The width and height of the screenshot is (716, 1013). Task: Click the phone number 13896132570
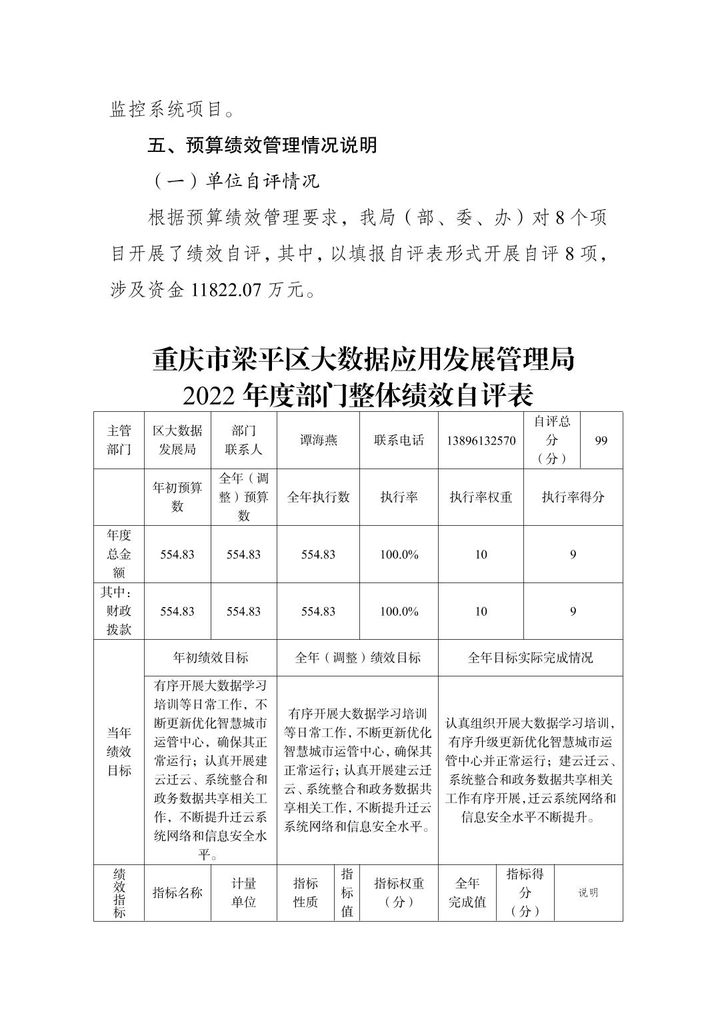click(481, 441)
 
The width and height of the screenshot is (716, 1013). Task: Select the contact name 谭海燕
click(318, 441)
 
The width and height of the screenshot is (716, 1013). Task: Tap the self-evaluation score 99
click(601, 441)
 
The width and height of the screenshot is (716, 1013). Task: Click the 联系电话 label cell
click(399, 441)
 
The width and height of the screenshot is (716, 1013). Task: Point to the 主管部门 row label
click(119, 441)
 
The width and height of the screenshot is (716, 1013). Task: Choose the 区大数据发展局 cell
click(177, 441)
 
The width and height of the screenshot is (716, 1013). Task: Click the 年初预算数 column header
click(177, 497)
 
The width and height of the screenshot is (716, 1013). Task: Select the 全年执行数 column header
click(318, 497)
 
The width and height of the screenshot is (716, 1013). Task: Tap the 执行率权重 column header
click(481, 497)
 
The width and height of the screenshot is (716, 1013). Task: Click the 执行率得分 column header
click(573, 497)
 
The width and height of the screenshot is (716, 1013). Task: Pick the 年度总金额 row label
click(119, 554)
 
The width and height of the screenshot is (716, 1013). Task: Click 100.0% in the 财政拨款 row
click(399, 611)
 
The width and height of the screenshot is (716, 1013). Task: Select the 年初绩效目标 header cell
click(211, 658)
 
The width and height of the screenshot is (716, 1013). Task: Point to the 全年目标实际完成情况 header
click(530, 658)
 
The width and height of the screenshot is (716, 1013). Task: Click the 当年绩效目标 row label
click(119, 752)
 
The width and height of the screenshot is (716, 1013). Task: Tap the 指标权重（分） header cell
click(399, 892)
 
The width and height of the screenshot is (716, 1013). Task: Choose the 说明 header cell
click(588, 892)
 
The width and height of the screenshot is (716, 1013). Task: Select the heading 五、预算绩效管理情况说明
click(262, 145)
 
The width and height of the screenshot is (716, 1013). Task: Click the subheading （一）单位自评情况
click(235, 181)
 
